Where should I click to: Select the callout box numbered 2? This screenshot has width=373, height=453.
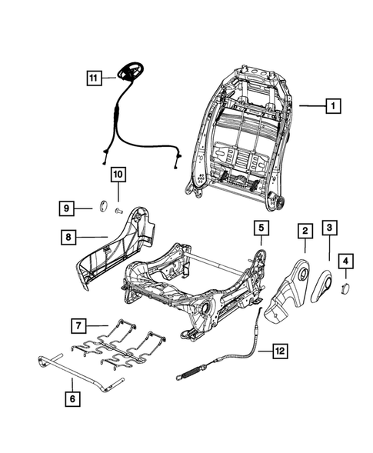pyautogui.click(x=305, y=230)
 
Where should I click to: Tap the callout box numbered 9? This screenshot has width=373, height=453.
pyautogui.click(x=68, y=207)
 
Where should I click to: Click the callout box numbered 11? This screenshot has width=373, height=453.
pyautogui.click(x=93, y=77)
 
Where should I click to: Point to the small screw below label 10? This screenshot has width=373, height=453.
pyautogui.click(x=118, y=209)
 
